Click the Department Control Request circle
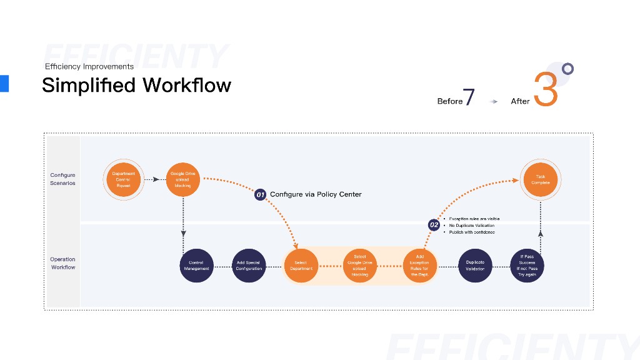coord(123,179)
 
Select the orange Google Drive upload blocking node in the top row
coord(182,179)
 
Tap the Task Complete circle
coord(540,179)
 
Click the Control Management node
coord(196,265)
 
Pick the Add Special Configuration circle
coord(248,265)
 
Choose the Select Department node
coord(301,265)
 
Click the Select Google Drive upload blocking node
coord(359,265)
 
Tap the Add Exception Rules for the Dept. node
coord(419,265)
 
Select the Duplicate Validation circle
coord(475,265)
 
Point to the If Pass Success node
coord(527,265)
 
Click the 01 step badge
coord(261,195)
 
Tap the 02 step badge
coord(434,224)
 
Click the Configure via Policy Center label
coord(316,194)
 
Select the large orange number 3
coord(546,89)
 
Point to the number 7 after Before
coord(469,97)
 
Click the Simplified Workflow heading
coord(136,85)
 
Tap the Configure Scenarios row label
coord(62,179)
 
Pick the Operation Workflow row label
coord(62,263)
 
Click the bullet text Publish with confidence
coord(472,232)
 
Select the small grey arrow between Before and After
coord(494,101)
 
